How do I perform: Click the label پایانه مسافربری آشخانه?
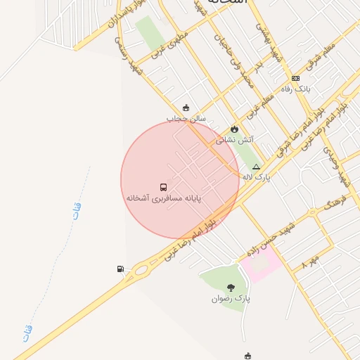coord(164,199)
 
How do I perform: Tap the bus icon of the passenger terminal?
coord(164,188)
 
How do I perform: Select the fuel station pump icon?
coord(120,269)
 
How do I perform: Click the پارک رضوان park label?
coord(231,299)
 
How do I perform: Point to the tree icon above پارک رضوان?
coord(231,287)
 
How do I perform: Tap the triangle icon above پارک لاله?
coord(256,167)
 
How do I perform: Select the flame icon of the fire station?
coord(234,129)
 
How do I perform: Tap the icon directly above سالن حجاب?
coord(186,108)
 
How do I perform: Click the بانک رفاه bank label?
coord(295,89)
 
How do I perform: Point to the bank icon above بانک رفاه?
coord(295,78)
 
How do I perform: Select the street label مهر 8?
coord(310,262)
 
